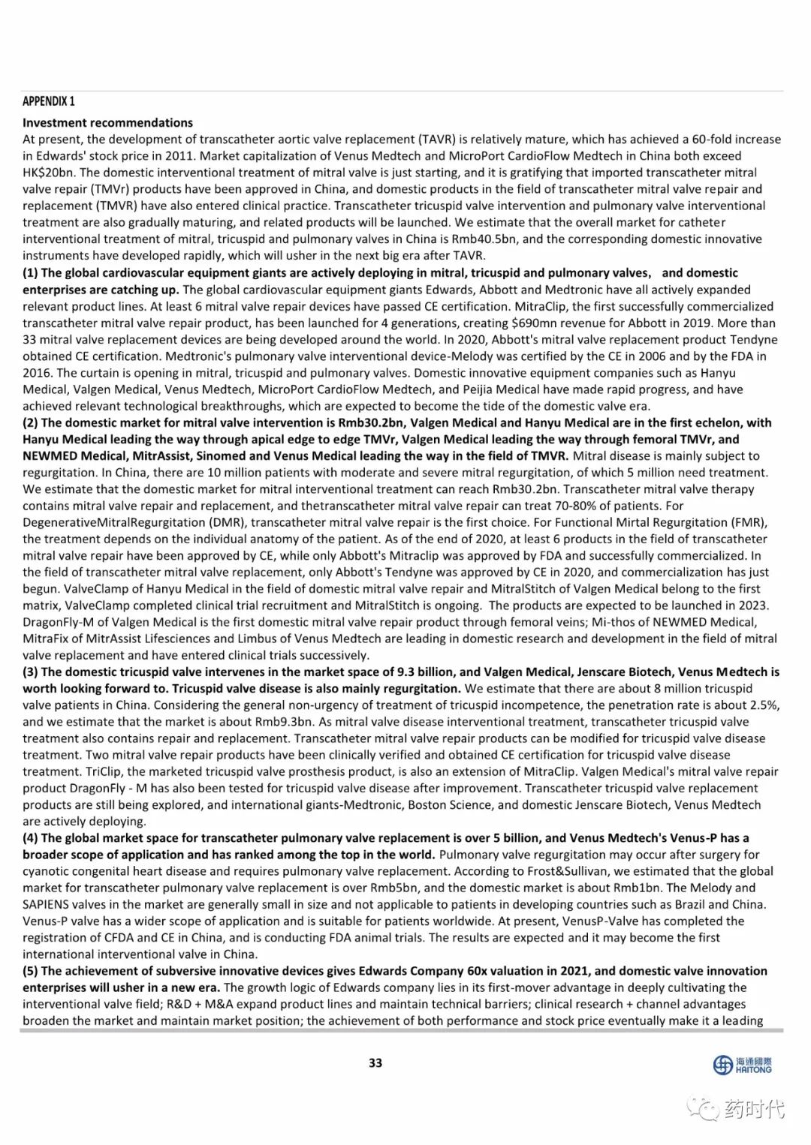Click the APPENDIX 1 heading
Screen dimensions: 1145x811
[49, 101]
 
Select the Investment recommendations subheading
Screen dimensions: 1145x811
[107, 122]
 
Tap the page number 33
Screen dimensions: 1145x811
[375, 1062]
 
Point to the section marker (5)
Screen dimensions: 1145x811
[31, 971]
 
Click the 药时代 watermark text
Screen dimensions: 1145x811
[755, 1108]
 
